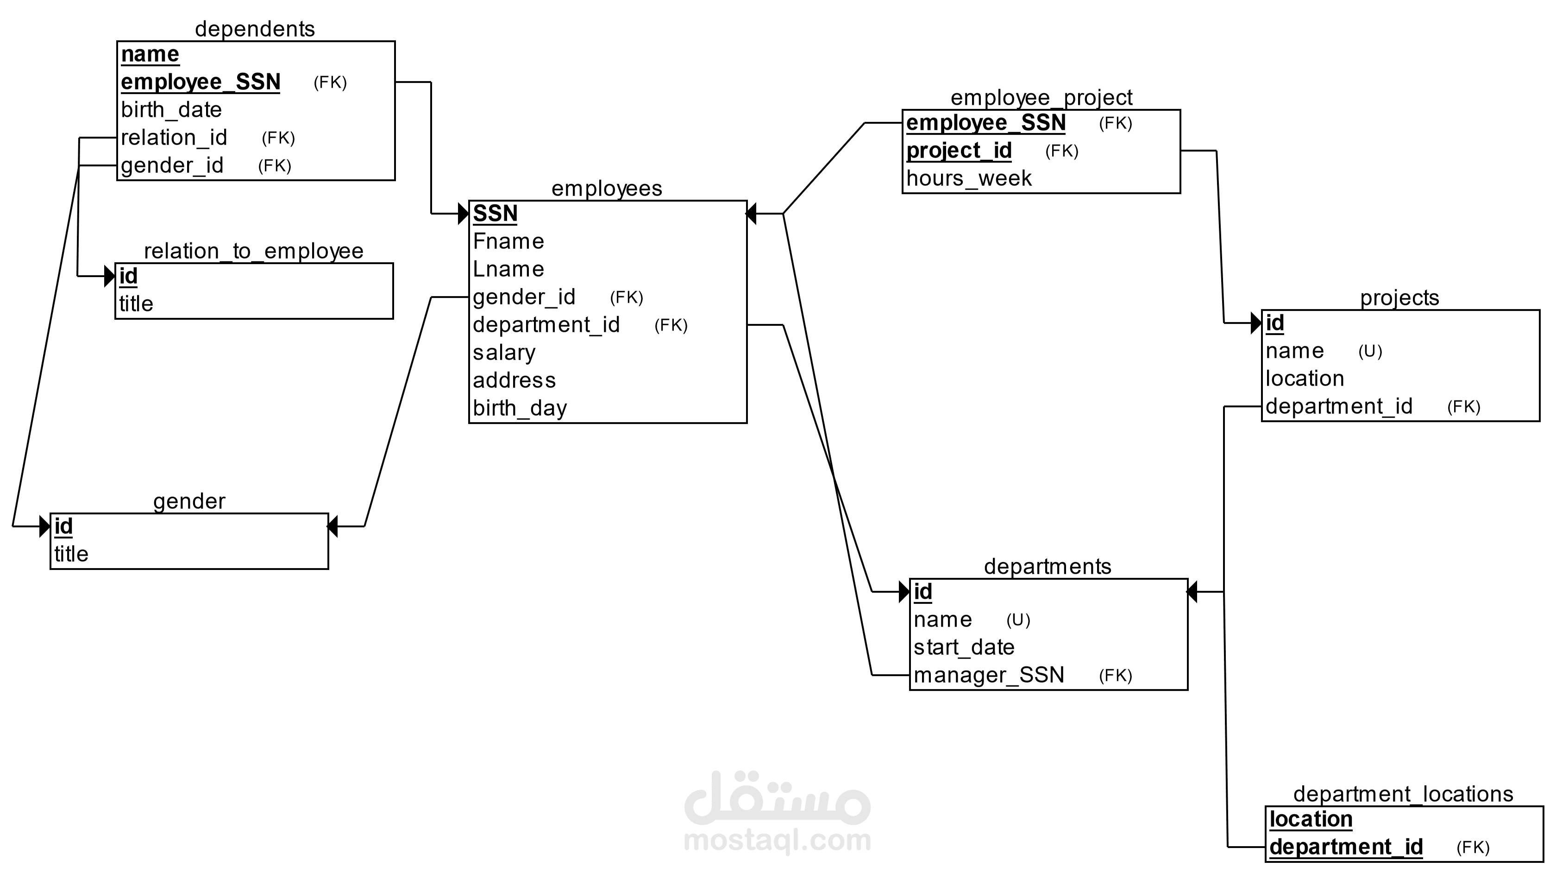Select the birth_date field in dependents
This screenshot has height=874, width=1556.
point(171,110)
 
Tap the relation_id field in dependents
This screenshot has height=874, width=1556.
point(174,138)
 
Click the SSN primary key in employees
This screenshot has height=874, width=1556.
point(496,213)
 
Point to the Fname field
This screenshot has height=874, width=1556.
point(508,241)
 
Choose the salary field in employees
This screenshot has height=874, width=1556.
point(504,352)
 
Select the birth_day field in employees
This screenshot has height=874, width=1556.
point(520,408)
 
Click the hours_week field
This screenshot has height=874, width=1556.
point(969,178)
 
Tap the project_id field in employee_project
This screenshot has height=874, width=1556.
point(959,151)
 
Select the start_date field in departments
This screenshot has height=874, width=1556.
point(964,647)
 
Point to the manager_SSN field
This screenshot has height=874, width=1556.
point(989,675)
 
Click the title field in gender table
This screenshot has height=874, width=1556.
point(71,554)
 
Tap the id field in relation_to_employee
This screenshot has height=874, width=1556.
point(128,276)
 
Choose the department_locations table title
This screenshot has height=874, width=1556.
point(1403,794)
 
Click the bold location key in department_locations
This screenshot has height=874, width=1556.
point(1311,820)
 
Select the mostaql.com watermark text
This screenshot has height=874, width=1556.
point(778,841)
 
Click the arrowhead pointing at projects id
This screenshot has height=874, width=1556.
point(1256,323)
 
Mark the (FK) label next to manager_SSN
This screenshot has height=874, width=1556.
point(1116,676)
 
